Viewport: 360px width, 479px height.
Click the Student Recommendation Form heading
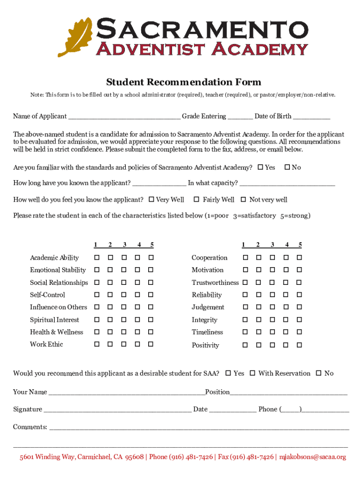click(183, 82)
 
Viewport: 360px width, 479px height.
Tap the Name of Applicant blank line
click(124, 117)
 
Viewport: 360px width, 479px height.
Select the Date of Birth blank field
click(312, 117)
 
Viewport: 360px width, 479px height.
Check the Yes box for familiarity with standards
click(260, 167)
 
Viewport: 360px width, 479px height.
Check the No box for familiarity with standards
click(288, 167)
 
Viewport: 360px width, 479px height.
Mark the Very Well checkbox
click(151, 200)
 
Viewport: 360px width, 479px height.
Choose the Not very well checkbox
click(243, 200)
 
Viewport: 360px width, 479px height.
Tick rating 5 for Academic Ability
click(151, 258)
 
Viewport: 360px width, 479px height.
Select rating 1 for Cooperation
click(245, 258)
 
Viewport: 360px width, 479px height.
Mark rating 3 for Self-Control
click(124, 295)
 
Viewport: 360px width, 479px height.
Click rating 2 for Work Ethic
click(110, 344)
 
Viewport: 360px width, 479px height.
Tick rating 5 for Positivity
click(300, 345)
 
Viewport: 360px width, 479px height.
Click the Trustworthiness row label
click(215, 283)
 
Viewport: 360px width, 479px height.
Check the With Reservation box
click(252, 373)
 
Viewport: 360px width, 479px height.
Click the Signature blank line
click(117, 410)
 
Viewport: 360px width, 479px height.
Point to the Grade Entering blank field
click(240, 117)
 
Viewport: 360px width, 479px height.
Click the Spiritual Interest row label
click(55, 320)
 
